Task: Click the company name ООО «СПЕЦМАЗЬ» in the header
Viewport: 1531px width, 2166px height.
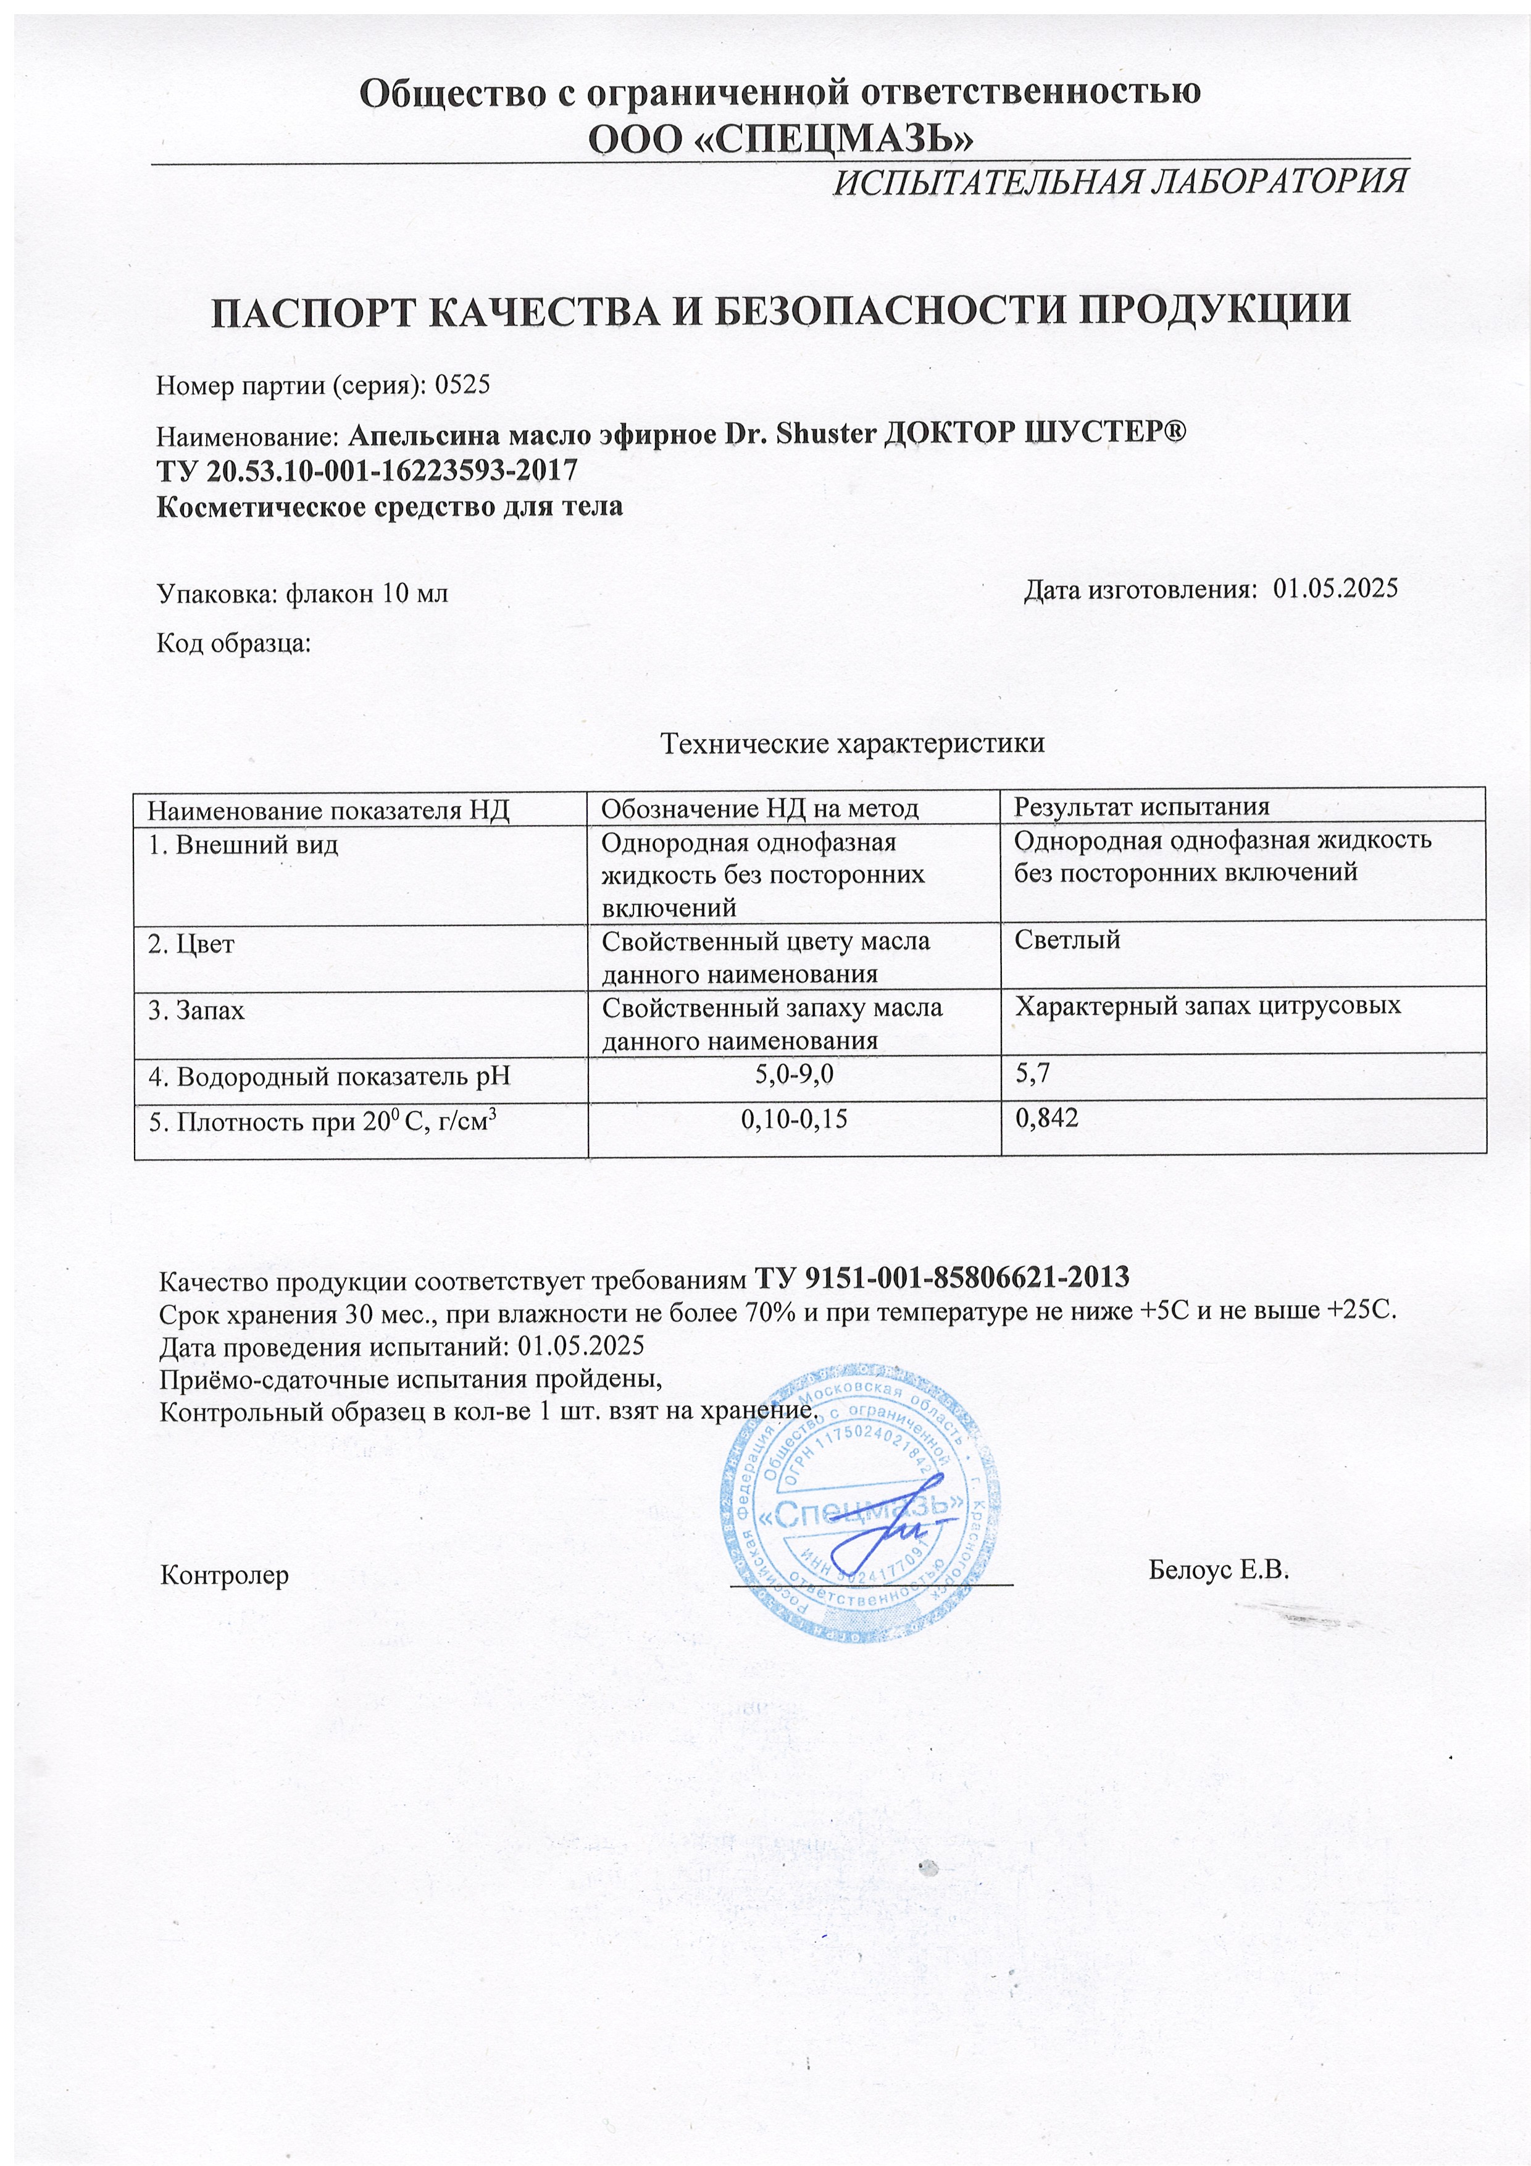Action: click(780, 139)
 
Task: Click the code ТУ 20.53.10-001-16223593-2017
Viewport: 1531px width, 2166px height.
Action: click(366, 470)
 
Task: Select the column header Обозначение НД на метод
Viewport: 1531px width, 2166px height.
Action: click(759, 808)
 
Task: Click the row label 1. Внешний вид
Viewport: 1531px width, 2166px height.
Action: click(243, 844)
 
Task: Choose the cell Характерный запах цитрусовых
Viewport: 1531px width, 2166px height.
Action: click(1208, 1006)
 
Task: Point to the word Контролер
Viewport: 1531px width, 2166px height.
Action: click(225, 1576)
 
